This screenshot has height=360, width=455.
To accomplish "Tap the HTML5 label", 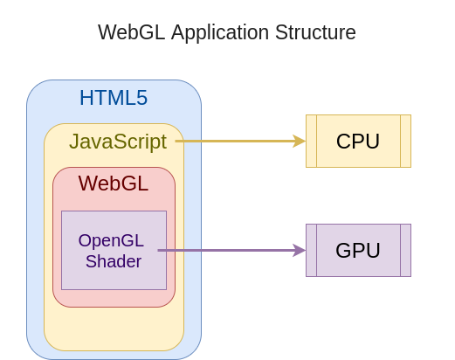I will pyautogui.click(x=114, y=98).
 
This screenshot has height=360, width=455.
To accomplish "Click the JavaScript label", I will pyautogui.click(x=118, y=142).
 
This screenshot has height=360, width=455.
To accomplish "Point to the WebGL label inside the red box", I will pyautogui.click(x=114, y=183).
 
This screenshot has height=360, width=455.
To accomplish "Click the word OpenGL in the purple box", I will pyautogui.click(x=111, y=240).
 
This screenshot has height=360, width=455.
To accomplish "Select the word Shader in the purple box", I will pyautogui.click(x=114, y=260).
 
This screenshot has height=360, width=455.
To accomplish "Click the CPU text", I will pyautogui.click(x=358, y=142).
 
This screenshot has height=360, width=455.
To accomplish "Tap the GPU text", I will pyautogui.click(x=358, y=251).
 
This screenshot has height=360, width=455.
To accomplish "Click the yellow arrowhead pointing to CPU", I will pyautogui.click(x=300, y=141).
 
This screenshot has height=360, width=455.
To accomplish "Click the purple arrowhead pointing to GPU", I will pyautogui.click(x=300, y=250).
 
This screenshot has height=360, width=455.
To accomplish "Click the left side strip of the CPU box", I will pyautogui.click(x=311, y=141).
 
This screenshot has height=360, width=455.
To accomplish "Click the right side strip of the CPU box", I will pyautogui.click(x=405, y=141).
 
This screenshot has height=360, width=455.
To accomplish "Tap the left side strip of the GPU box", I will pyautogui.click(x=311, y=250).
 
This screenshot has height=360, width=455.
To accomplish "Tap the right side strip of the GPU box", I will pyautogui.click(x=405, y=250).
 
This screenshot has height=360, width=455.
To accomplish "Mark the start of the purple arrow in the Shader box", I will pyautogui.click(x=159, y=250).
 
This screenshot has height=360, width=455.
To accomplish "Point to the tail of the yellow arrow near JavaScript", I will pyautogui.click(x=176, y=141).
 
